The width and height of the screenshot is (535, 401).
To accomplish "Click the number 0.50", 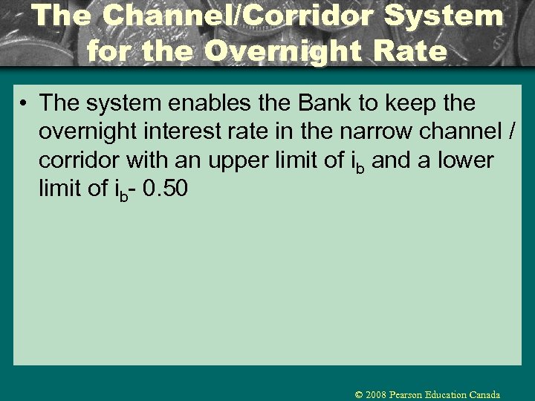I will [163, 189].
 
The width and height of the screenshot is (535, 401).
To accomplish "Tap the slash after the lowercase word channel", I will [511, 131].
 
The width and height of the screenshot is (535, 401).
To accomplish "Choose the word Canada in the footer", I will [485, 395].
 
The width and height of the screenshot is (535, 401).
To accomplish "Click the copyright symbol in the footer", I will [359, 395].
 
